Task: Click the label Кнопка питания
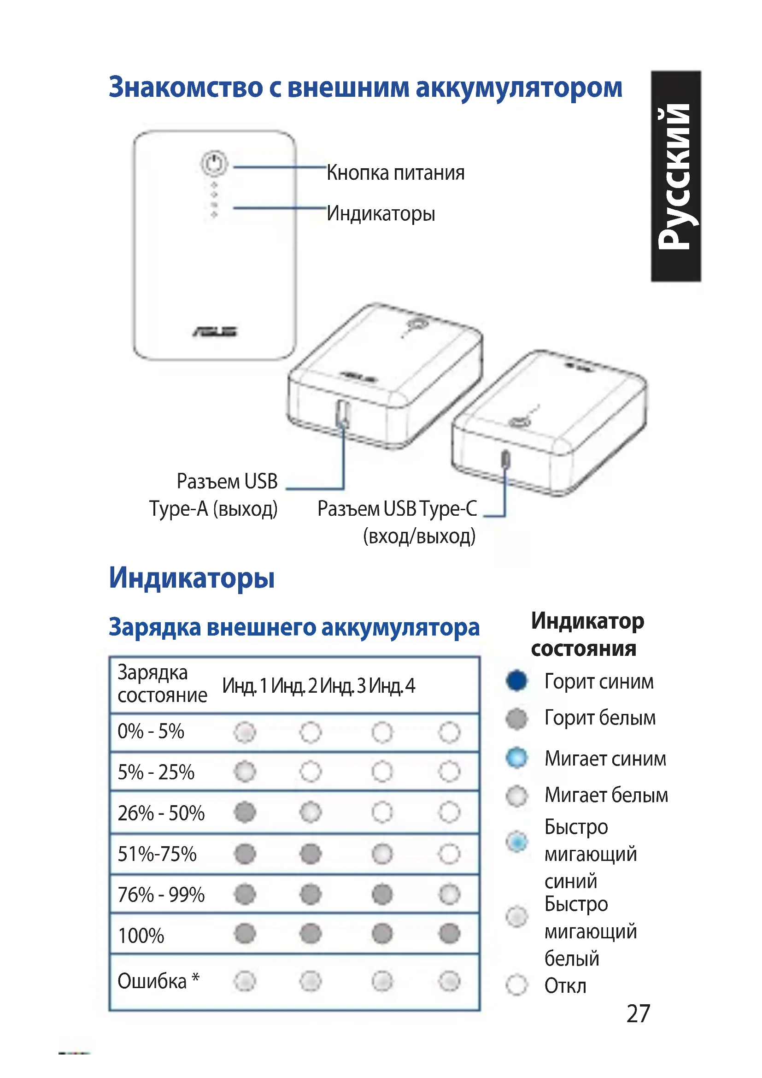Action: tap(396, 173)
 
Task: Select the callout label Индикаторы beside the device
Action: tap(381, 214)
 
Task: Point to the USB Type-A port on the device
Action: tap(342, 413)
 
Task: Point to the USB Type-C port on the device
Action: tap(505, 459)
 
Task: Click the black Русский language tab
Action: tap(676, 176)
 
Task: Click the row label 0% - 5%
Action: tap(151, 731)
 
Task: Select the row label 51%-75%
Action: tap(157, 854)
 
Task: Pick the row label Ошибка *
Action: tap(158, 981)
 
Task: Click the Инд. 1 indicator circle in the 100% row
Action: tap(245, 933)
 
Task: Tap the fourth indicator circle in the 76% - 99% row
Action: tap(450, 894)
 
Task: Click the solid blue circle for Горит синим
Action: tap(517, 681)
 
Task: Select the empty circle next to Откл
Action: tap(517, 984)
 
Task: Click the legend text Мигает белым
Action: tap(606, 795)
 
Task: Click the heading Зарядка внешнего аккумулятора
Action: tap(294, 627)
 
